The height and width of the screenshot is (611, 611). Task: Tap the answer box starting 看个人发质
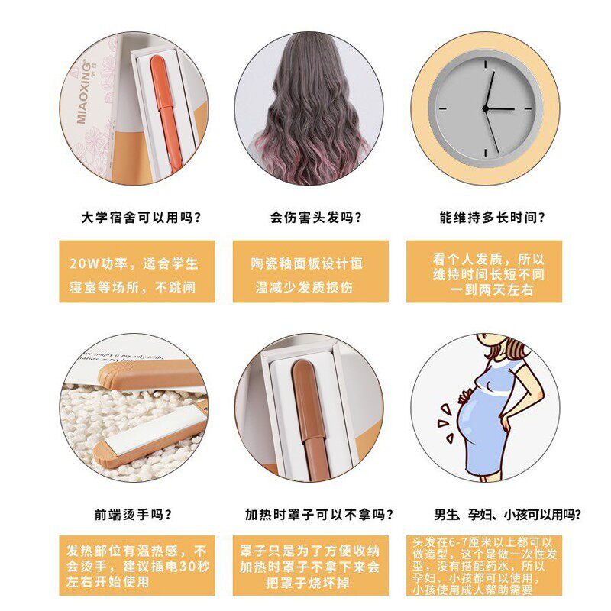484,272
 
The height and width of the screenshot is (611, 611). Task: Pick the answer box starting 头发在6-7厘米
484,565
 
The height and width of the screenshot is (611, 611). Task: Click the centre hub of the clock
485,109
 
